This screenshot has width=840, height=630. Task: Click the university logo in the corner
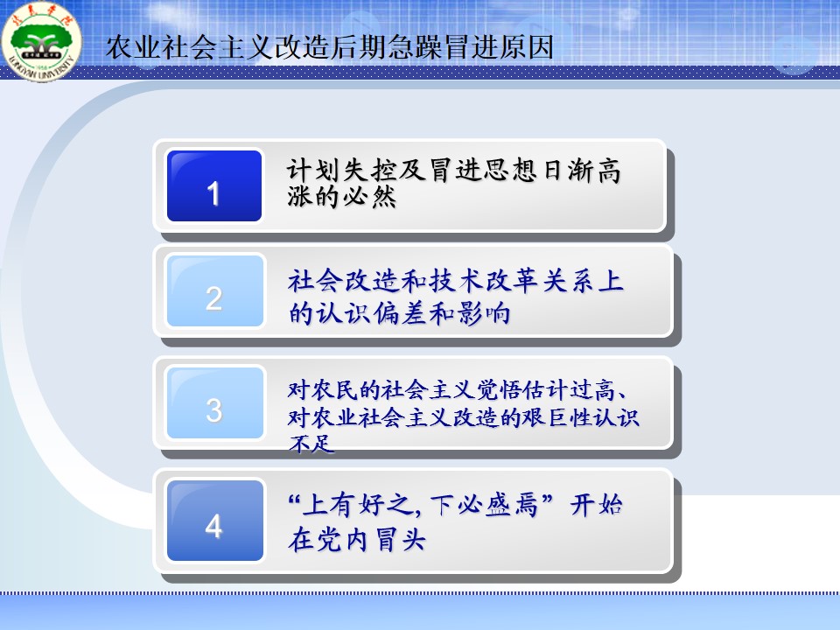coord(41,42)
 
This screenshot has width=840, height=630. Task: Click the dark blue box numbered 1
coord(214,185)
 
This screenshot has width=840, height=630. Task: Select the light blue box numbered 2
coord(215,290)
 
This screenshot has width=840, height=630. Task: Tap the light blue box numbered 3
coord(215,402)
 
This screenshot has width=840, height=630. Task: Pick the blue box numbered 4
coord(215,520)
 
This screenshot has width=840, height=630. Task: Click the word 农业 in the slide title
coord(133,47)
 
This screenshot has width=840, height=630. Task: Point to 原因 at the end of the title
coord(526,47)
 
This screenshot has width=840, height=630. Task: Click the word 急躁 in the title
coord(414,47)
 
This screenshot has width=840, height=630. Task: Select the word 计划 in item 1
coord(314,171)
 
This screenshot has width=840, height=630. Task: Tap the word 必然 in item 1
coord(369,197)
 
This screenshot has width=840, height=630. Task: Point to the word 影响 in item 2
coord(484,313)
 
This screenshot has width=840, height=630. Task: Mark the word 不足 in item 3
coord(311,444)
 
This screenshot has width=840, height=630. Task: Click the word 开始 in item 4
coord(596,505)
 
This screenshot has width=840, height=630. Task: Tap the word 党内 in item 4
coord(342,539)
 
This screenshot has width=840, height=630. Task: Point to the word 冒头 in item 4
coord(400,539)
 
